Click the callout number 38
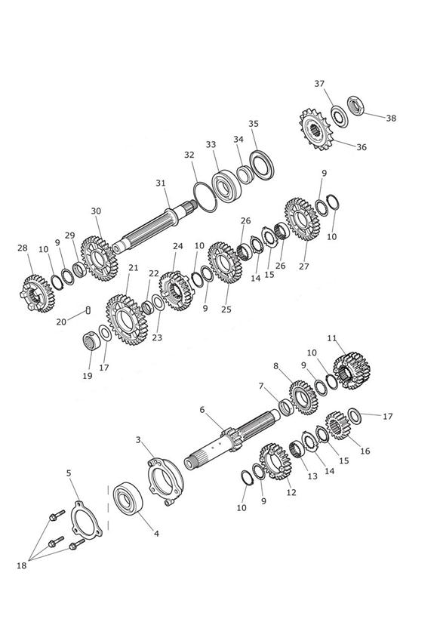point(391,118)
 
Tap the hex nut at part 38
point(356,106)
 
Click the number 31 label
point(161,183)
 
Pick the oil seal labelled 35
point(261,165)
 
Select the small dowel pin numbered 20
point(88,309)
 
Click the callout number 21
point(134,268)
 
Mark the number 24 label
point(178,246)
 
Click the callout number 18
point(21,565)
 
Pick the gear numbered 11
point(352,371)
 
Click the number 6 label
point(202,410)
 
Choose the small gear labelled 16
point(337,426)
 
